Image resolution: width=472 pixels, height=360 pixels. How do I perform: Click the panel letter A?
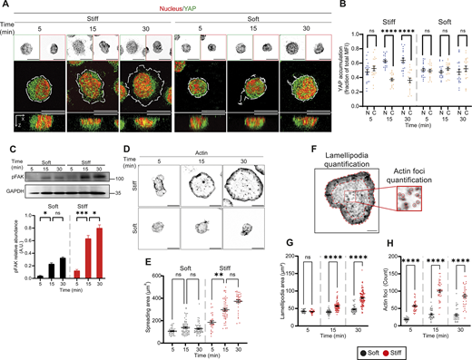tap(5, 5)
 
